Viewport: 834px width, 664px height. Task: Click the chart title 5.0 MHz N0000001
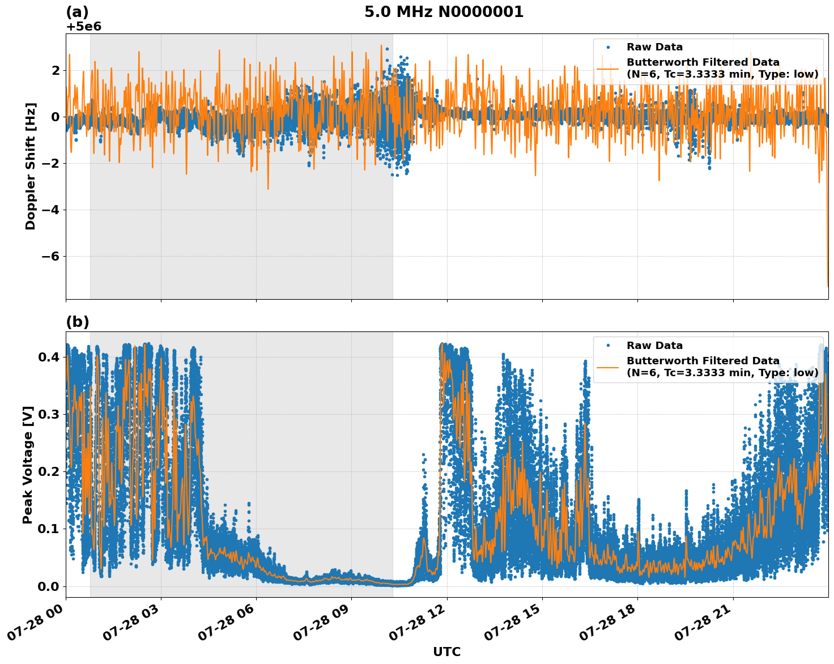click(x=444, y=12)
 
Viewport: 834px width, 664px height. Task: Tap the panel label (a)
click(x=77, y=12)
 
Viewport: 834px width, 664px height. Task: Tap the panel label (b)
click(x=78, y=322)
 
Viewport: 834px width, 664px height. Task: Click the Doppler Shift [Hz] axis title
click(x=31, y=166)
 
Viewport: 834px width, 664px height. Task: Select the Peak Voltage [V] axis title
click(x=28, y=465)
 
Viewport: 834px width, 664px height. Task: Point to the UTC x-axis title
click(x=446, y=652)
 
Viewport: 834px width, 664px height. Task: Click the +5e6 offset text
click(x=83, y=27)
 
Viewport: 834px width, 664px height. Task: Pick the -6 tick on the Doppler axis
click(x=48, y=256)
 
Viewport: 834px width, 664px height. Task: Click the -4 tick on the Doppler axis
click(x=48, y=210)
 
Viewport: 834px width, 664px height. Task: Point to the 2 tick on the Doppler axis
click(x=56, y=70)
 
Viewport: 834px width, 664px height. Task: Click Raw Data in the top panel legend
click(x=654, y=47)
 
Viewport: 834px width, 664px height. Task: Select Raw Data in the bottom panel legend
click(x=654, y=346)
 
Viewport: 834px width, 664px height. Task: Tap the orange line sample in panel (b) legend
click(x=608, y=367)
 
